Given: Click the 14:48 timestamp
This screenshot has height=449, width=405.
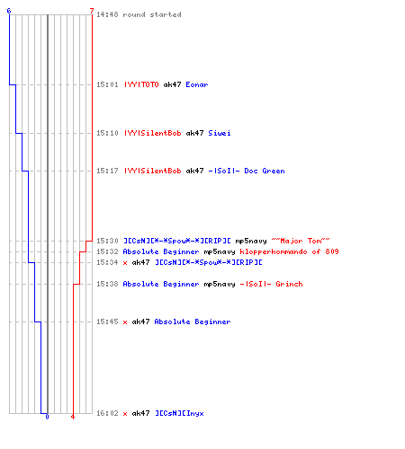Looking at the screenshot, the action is pos(107,14).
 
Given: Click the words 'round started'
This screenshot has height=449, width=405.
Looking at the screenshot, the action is pos(152,14).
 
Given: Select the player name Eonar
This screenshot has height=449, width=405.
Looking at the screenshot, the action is pos(197,84).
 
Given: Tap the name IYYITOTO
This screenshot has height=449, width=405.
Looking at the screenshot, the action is pos(141,84).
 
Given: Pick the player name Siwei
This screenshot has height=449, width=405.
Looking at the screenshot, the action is pos(220,133).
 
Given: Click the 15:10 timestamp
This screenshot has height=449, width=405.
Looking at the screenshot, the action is pos(107,133).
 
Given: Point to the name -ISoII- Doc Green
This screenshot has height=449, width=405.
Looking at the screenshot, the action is pos(247,171).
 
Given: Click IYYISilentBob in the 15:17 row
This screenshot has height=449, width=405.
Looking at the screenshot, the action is pos(153,171).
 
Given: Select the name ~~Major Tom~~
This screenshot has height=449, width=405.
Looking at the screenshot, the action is pos(301,241).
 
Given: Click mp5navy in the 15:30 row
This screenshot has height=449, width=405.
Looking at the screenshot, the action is pos(251,241).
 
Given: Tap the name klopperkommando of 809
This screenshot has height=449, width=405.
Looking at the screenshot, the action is pos(289,251).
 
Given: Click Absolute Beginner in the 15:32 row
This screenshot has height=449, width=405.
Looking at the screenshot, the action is pos(161,251).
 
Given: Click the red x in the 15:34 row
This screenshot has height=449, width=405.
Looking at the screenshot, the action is pos(125,263).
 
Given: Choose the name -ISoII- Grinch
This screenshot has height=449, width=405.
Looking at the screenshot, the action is pos(271,284).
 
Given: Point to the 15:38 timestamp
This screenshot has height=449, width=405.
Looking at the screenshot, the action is pos(107,284).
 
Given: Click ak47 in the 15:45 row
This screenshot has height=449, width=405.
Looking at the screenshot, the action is pos(140,321).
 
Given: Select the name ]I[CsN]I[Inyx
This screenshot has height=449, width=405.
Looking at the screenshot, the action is pos(179,413).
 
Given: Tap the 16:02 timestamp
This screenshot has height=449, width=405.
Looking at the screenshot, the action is pos(107,413).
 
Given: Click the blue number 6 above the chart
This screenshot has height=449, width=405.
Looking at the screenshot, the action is pos(9,11).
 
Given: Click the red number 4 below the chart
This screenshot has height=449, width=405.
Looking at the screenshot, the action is pos(73,417).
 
